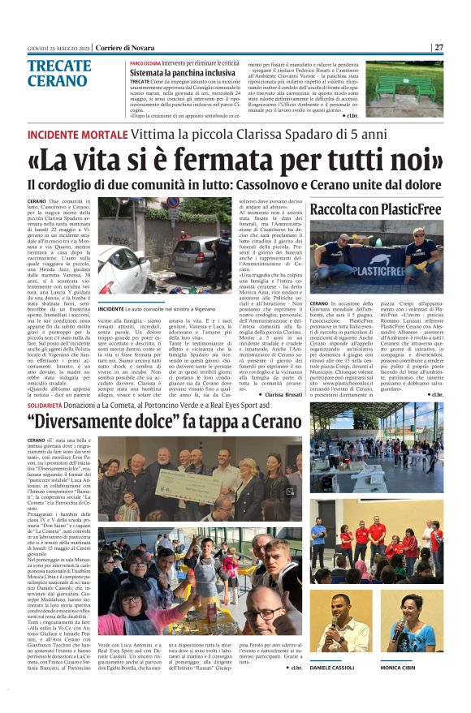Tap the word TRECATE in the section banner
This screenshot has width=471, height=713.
coord(58,67)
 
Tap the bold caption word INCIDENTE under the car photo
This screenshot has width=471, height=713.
coord(111,308)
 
